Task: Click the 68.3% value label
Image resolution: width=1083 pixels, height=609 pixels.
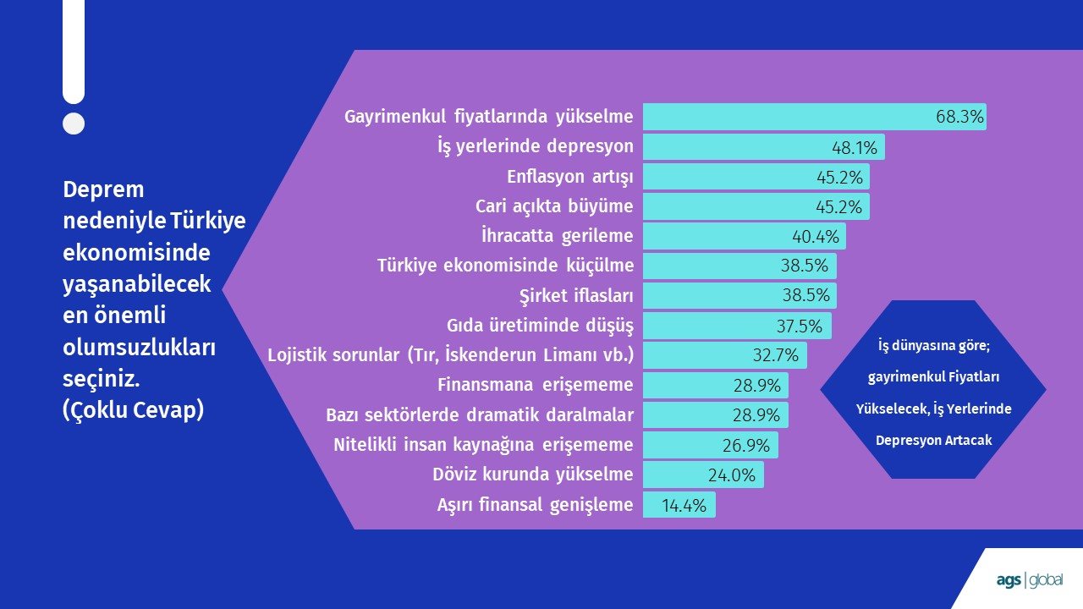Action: point(959,117)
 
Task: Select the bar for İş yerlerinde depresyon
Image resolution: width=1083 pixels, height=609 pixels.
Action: point(764,147)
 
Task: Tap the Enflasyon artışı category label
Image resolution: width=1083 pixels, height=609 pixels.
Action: point(570,177)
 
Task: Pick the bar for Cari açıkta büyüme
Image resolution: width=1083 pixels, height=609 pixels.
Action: point(756,206)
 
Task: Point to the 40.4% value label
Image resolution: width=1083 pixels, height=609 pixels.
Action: point(816,236)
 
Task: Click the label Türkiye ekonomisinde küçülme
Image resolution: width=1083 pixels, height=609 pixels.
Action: point(505,266)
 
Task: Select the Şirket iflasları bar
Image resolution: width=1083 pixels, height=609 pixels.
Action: point(739,295)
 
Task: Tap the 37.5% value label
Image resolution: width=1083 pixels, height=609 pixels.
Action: point(800,326)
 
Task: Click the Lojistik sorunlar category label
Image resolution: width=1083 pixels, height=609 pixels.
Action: point(451,354)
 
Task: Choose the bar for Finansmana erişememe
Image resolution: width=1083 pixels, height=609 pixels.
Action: point(716,385)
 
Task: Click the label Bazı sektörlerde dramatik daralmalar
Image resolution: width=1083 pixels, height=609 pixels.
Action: point(480,414)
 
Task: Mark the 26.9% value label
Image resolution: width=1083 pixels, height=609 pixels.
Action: point(746,445)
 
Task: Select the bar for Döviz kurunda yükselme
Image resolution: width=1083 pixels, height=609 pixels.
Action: point(703,475)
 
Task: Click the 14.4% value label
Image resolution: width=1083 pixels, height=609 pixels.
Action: point(684,506)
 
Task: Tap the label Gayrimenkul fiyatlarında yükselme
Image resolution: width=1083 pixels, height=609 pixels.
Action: point(489,117)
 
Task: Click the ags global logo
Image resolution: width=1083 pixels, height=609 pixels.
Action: point(1030,580)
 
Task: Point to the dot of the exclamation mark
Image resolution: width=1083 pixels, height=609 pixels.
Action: point(74,123)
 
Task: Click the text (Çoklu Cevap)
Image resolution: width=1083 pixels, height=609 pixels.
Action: point(134,410)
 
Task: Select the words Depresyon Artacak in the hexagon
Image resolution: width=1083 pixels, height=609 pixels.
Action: point(933,441)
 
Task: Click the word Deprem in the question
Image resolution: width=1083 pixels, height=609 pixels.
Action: point(103,190)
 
